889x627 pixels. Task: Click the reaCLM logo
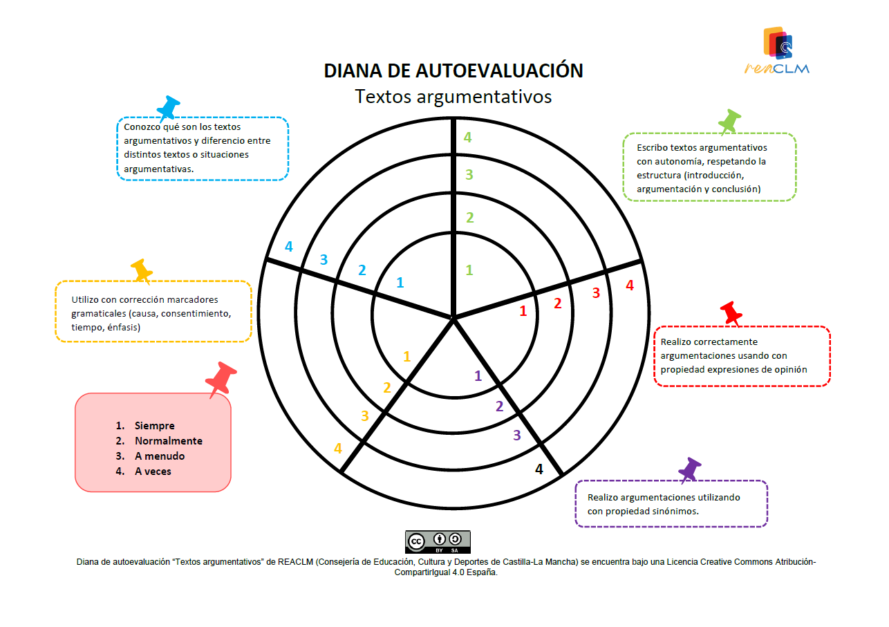pos(777,50)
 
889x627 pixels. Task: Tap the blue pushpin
pos(168,109)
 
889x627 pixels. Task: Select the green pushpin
pos(729,122)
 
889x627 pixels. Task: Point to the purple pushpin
pos(690,470)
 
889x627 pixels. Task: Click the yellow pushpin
pos(142,272)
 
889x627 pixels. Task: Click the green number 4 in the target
pos(467,138)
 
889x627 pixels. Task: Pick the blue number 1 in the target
pos(400,283)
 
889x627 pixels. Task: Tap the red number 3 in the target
pos(596,293)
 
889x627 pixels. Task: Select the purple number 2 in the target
pos(499,406)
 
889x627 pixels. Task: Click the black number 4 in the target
pos(539,469)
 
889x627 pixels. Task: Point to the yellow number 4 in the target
pos(338,448)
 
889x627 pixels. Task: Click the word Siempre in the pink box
pos(154,425)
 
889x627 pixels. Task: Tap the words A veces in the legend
pos(153,471)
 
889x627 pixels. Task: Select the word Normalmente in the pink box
pos(168,440)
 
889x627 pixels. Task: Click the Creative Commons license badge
pos(438,542)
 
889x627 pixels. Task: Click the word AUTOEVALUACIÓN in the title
pos(499,71)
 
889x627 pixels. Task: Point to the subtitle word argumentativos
pos(484,97)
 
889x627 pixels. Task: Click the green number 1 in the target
pos(469,270)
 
